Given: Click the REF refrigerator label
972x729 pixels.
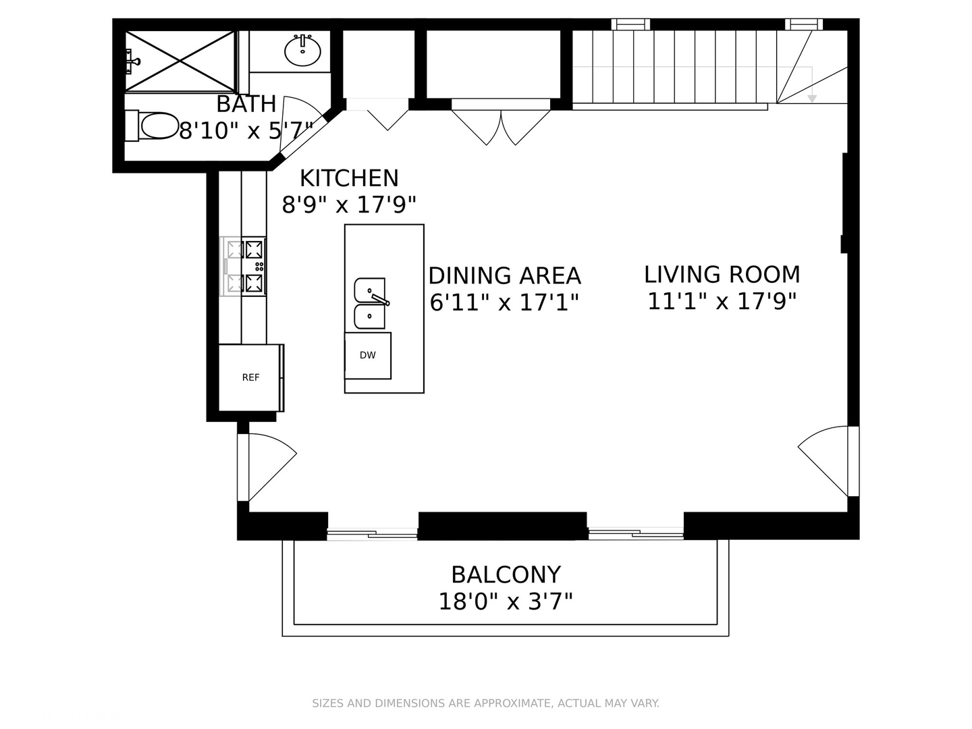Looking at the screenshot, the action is click(250, 377).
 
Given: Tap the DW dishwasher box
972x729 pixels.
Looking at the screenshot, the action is click(368, 356).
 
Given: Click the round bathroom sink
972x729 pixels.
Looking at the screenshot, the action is click(302, 50).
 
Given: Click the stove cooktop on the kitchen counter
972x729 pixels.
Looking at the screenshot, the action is click(243, 267).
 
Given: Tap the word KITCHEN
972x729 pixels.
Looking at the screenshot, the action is click(350, 178).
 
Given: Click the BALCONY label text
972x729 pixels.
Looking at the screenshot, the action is click(506, 575).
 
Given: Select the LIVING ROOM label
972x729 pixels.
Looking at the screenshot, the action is click(722, 275).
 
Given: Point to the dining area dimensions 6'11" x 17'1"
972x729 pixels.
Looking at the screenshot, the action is click(504, 303).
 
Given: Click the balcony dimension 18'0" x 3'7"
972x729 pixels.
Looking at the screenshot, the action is click(506, 602).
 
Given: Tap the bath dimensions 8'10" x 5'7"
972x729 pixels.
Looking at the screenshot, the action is click(246, 130).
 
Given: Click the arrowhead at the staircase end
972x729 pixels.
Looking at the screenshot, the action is click(812, 99).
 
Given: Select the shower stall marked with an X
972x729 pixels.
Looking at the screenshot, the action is click(180, 61).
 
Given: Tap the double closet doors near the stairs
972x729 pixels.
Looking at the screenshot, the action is click(501, 127).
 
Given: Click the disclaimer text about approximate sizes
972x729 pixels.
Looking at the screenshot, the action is click(486, 703).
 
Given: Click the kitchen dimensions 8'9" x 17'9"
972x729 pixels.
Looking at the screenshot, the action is click(350, 205).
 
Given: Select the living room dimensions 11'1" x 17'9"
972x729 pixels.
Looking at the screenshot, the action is click(722, 302).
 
